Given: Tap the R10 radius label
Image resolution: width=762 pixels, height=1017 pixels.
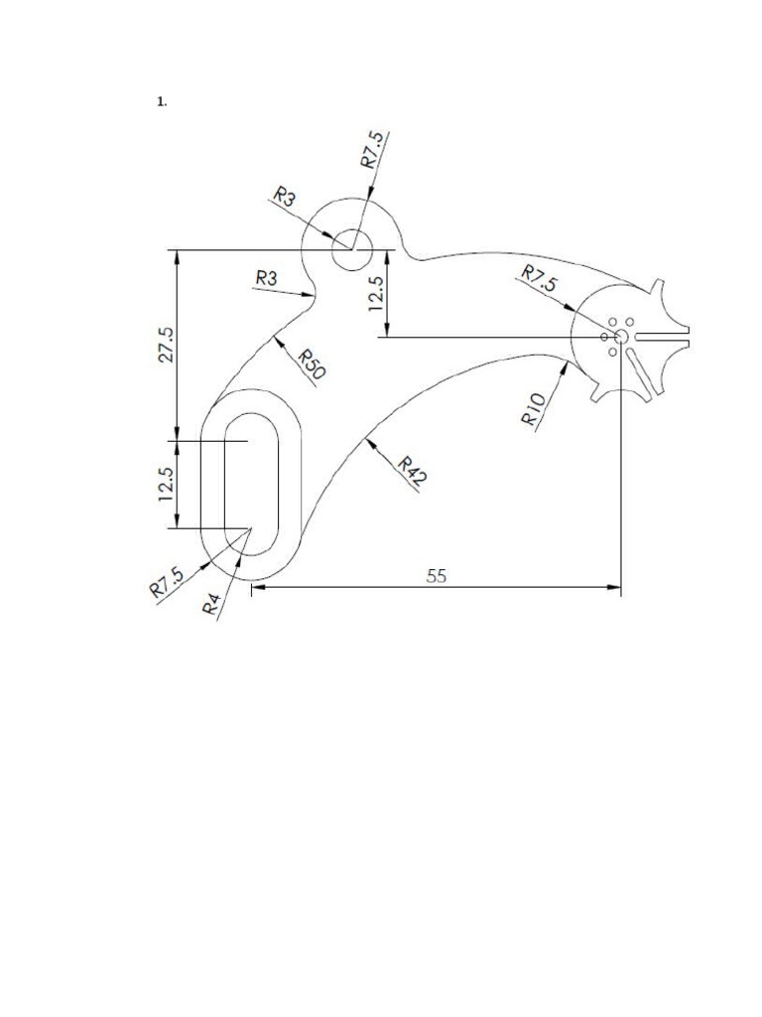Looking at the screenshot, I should tap(533, 408).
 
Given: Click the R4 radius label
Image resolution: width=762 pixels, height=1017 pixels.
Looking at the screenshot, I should tap(210, 602).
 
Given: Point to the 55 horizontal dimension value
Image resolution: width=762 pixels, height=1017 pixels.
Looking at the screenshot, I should tap(437, 575).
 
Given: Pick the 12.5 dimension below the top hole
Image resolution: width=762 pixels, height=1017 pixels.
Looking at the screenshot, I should tap(376, 293).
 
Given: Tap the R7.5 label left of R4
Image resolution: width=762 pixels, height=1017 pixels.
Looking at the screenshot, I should tap(166, 582).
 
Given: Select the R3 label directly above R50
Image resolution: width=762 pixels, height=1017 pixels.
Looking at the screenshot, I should tap(267, 278).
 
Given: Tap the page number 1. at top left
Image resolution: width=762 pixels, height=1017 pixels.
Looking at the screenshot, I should tap(161, 101).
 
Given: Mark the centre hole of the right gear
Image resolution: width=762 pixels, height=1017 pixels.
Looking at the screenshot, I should tap(620, 338).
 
